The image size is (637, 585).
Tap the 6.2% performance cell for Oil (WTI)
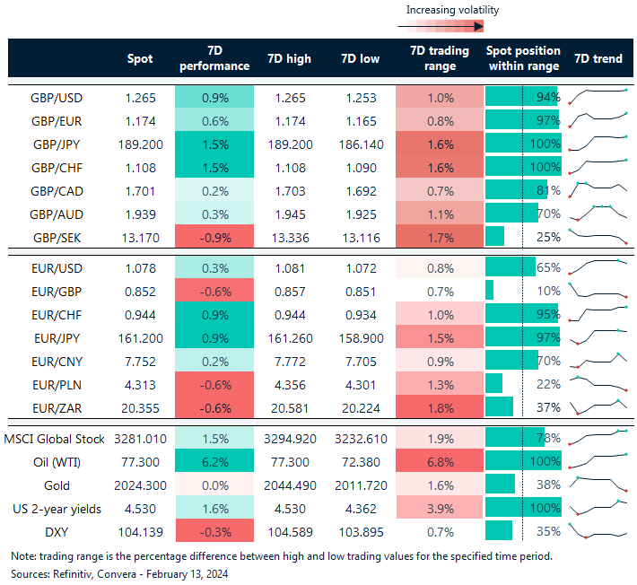pos(214,462)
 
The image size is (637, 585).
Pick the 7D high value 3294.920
pos(289,439)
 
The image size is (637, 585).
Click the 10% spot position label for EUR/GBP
pos(548,291)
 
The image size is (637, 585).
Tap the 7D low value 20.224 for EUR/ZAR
pos(360,407)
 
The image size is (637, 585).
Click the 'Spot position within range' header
pos(522,59)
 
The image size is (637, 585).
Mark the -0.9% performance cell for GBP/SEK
pos(214,237)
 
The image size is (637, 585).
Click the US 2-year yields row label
pos(55,509)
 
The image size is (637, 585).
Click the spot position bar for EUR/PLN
pos(493,384)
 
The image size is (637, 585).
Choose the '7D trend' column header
pos(598,59)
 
